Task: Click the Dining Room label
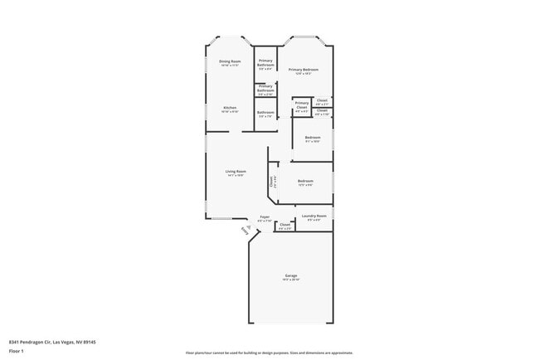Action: coord(230,61)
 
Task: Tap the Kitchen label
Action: coord(230,108)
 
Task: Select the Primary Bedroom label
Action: coord(303,70)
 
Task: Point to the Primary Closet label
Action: coord(302,104)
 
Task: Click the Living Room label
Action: coord(236,172)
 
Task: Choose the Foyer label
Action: coord(264,217)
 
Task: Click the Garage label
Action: coord(291,275)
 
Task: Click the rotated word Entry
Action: coord(244,230)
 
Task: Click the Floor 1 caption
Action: coord(17,351)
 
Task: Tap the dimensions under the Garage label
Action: coord(291,280)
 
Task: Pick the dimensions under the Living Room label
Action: coord(236,176)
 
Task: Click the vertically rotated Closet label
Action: coord(271,180)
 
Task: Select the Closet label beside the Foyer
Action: coord(284,224)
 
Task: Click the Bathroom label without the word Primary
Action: coord(265,112)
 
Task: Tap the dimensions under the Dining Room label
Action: coord(230,66)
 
